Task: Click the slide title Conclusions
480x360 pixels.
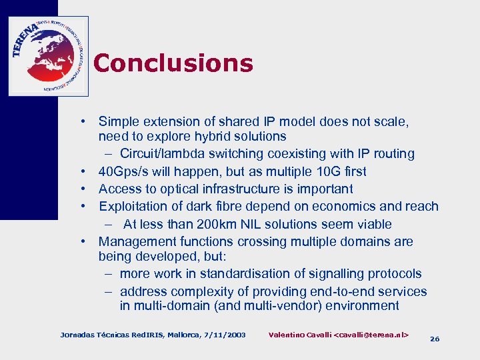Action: [173, 63]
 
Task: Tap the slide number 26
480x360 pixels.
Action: [435, 339]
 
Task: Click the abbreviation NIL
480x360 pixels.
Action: [265, 224]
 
